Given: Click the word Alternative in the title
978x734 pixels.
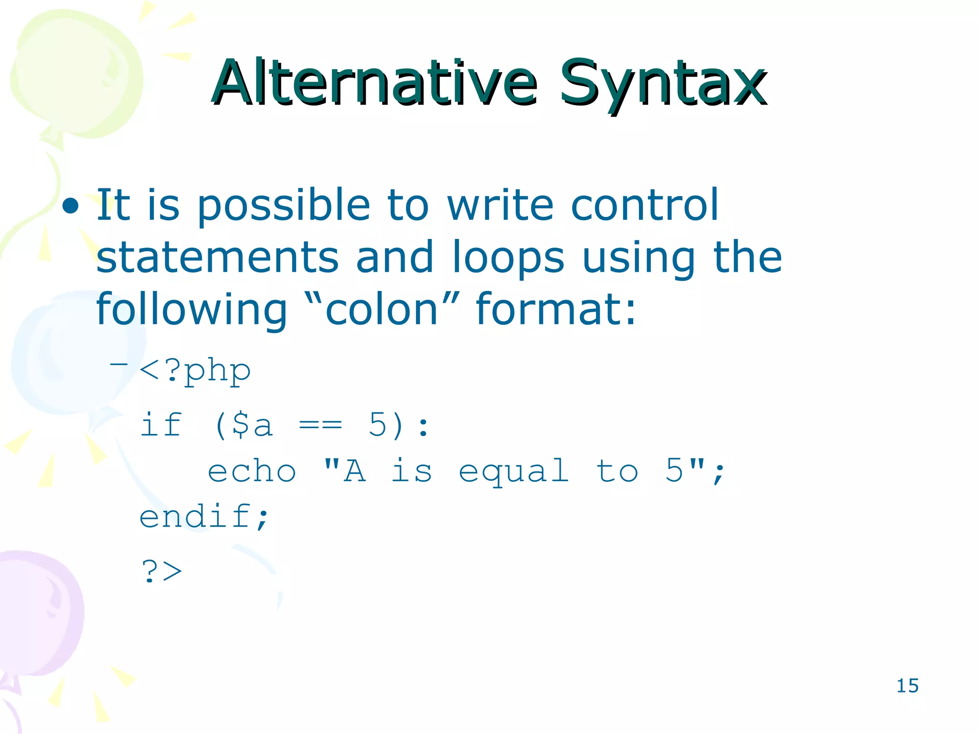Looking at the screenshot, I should click(x=375, y=82).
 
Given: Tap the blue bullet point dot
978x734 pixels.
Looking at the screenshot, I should click(x=71, y=205).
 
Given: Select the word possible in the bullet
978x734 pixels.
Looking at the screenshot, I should click(x=284, y=205).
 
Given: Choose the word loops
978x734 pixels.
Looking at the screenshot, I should click(x=509, y=258).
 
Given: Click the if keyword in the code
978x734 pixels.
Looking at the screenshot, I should click(x=161, y=424).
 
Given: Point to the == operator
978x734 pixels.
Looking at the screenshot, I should click(x=320, y=424).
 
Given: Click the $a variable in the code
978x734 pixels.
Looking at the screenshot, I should click(x=252, y=424).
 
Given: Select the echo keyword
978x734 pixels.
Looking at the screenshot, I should click(x=252, y=471).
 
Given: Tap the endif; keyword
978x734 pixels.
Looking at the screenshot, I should click(x=204, y=517).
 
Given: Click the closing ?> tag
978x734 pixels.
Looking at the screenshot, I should click(x=162, y=571).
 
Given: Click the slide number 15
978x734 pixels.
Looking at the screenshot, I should click(x=907, y=686).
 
